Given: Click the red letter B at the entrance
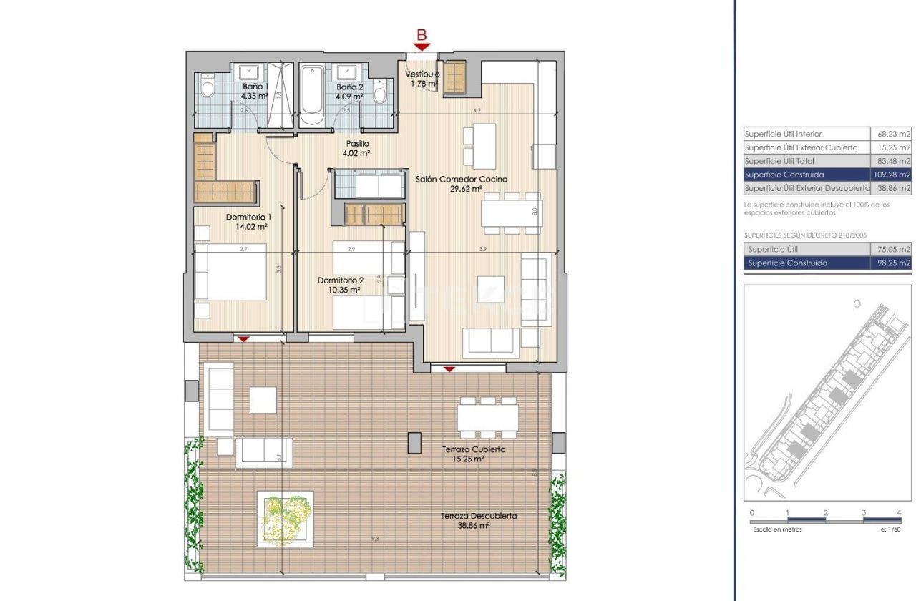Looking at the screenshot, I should (422, 35).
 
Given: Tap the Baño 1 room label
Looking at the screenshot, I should (255, 86).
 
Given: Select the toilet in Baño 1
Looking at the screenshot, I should (208, 87).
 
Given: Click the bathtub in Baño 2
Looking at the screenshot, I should (312, 92).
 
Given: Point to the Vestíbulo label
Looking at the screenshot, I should (422, 74).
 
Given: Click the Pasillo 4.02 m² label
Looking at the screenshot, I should (356, 148).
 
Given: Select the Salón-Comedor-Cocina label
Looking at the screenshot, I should (462, 179).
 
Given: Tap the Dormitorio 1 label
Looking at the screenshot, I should (248, 217).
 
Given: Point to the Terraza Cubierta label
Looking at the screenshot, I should (473, 449).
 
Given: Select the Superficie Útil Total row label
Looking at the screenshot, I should (779, 161).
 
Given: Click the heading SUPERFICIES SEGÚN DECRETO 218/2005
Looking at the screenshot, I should (796, 234).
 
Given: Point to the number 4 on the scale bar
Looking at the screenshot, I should (899, 513).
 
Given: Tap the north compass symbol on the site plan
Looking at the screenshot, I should (857, 304).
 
